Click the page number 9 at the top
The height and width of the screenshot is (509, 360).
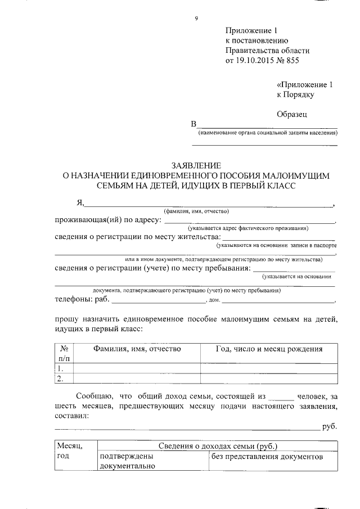(x=196, y=19)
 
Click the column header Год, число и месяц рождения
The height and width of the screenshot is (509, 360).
(x=269, y=349)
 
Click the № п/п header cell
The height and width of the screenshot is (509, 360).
(x=64, y=353)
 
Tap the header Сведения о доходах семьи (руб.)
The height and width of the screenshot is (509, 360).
(x=217, y=445)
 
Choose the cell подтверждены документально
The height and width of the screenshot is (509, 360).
(x=127, y=462)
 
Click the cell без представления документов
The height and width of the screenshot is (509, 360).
(x=267, y=457)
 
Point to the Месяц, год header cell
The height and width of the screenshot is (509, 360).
(x=70, y=451)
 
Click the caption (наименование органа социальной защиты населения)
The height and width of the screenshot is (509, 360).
(x=267, y=133)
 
